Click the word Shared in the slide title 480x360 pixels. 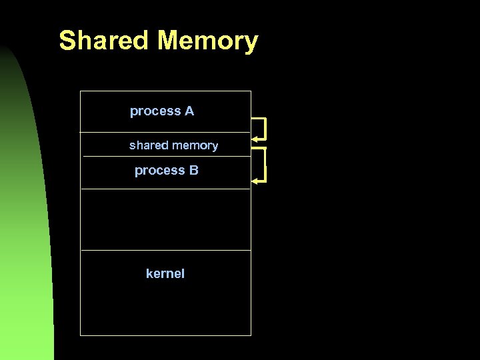[x=105, y=41]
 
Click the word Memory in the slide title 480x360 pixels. [x=207, y=41]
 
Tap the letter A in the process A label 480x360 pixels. [x=189, y=111]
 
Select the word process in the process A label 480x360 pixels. [x=155, y=111]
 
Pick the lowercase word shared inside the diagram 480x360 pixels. [x=149, y=145]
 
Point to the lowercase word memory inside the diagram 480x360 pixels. [x=195, y=145]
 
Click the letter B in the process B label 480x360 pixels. [x=193, y=171]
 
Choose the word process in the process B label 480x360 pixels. [x=160, y=171]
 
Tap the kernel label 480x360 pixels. [x=165, y=273]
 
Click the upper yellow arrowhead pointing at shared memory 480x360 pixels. [x=255, y=139]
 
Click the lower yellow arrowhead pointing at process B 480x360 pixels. [x=255, y=180]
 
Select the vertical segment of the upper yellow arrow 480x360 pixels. [x=265, y=129]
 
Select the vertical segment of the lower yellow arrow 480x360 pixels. [x=265, y=165]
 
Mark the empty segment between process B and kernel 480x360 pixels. [x=165, y=219]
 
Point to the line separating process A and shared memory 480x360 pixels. [x=165, y=132]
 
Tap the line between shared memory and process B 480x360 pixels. [x=165, y=157]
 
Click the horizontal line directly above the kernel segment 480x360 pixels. [x=165, y=251]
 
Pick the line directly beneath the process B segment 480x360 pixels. [x=165, y=189]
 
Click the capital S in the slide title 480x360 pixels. [x=67, y=41]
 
